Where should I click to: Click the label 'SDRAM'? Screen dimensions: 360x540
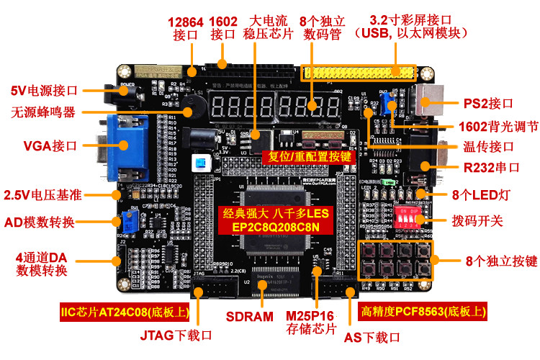click(250, 316)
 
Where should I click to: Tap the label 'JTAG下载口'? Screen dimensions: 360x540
click(176, 335)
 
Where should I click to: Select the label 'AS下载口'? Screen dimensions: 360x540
click(372, 336)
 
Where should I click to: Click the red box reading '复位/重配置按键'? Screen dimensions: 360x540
click(310, 156)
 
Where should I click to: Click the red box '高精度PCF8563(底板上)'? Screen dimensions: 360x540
click(423, 312)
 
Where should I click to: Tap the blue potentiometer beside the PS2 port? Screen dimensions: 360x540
click(392, 101)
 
